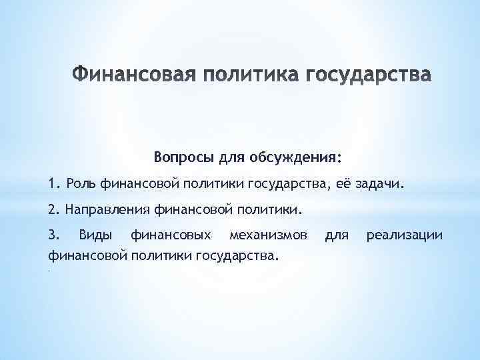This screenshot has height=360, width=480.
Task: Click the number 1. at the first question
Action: tap(54, 184)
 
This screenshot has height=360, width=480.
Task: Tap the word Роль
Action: tap(79, 184)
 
